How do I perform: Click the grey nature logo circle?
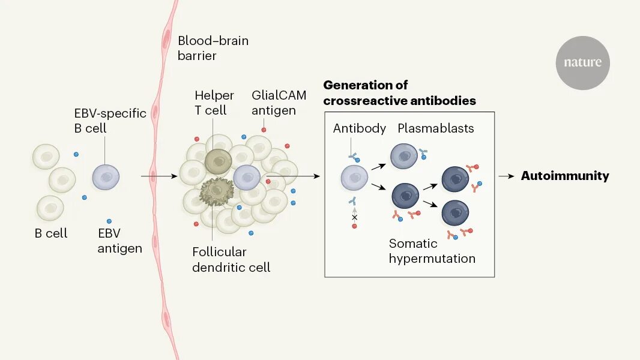tap(582, 63)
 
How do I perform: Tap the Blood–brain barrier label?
tap(213, 48)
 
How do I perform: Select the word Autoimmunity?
tap(565, 176)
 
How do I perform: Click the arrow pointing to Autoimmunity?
tap(506, 176)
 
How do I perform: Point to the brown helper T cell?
tap(219, 161)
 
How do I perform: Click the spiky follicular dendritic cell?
tap(217, 191)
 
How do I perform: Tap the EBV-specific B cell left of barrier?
tap(106, 177)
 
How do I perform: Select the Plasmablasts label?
tap(435, 128)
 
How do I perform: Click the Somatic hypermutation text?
tap(432, 251)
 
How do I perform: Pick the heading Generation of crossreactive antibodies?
tap(400, 93)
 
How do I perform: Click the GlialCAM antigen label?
tap(279, 103)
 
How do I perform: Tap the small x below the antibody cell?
tap(354, 217)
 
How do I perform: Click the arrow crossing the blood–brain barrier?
tap(159, 176)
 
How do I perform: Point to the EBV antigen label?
tap(119, 241)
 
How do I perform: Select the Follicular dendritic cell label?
tap(231, 260)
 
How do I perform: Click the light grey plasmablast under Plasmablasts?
tap(404, 156)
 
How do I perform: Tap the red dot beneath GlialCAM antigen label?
tap(264, 130)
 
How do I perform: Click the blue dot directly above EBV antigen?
tap(109, 221)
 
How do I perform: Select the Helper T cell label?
tap(214, 103)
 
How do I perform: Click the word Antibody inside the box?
tap(359, 128)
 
